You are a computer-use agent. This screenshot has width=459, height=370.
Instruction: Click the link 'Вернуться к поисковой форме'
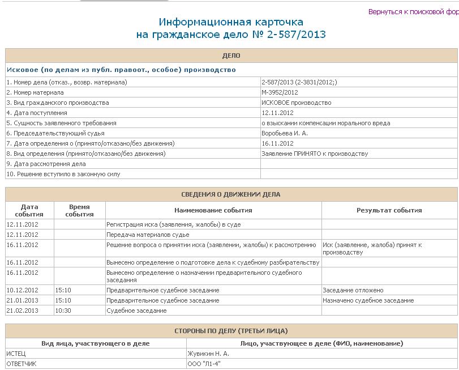coord(413,12)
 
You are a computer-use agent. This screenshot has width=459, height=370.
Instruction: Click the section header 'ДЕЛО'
coord(231,56)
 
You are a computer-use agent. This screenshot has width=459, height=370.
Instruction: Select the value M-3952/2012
coord(280,92)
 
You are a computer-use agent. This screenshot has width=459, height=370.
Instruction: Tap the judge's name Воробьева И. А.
coord(285,133)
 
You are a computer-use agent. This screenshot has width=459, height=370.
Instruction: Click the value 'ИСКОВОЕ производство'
coord(297,103)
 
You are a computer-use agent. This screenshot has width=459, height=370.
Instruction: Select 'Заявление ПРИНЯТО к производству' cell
coord(315,154)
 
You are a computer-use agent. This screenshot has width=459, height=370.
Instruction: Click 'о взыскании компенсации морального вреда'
coord(325,123)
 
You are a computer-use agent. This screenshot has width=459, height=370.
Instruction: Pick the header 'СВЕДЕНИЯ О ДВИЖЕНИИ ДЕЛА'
coord(231,194)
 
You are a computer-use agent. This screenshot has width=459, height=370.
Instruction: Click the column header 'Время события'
coord(79,210)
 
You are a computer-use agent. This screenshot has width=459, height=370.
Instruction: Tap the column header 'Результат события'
coord(389,210)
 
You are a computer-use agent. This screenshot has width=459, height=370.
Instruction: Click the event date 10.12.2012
coord(22,290)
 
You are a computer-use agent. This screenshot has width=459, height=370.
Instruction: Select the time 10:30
coord(63,311)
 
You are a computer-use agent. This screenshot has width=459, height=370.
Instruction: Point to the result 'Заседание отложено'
coord(353,290)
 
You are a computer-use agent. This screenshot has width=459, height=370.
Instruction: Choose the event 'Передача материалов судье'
coord(148,235)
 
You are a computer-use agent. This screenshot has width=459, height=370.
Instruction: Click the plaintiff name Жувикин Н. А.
coord(208,354)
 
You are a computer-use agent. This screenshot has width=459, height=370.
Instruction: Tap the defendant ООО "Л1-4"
coord(204,364)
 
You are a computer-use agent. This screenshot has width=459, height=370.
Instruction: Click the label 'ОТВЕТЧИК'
coord(22,364)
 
